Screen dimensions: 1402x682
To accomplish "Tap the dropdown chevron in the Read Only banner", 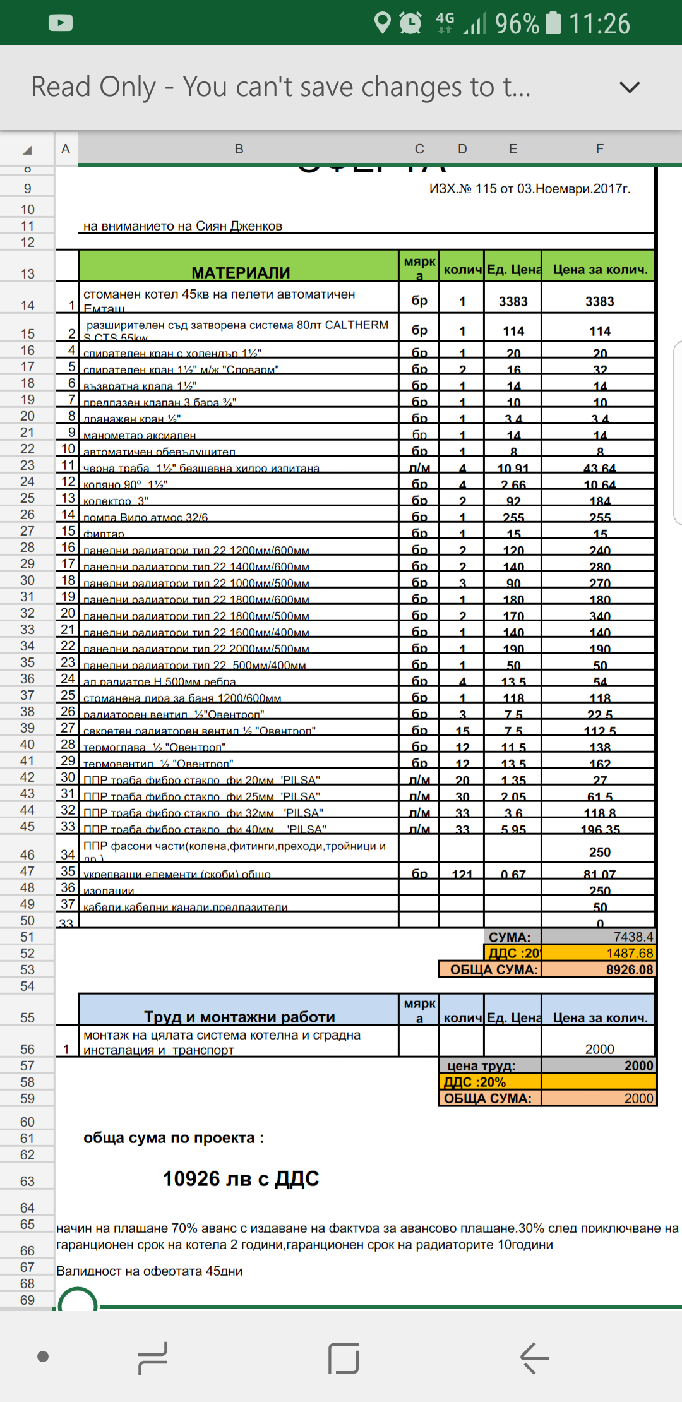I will click(630, 87).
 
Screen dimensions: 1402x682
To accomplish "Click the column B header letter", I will click(239, 149).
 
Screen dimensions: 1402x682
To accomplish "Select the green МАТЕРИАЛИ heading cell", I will click(241, 272).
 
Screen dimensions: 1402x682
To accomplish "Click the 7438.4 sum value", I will click(633, 937).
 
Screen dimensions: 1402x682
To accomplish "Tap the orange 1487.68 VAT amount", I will click(629, 953).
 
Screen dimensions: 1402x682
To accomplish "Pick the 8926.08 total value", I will click(629, 969).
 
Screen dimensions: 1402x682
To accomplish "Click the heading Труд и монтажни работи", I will click(239, 1016).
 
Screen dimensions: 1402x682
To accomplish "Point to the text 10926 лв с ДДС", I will click(241, 1178).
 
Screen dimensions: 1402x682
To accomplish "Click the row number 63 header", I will click(27, 1181).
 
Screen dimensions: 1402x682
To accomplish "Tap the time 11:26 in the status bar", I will click(599, 24).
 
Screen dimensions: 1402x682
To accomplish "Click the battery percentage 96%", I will click(517, 24).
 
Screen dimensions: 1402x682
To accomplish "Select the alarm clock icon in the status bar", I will click(410, 23).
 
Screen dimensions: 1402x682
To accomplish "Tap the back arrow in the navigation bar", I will click(534, 1358).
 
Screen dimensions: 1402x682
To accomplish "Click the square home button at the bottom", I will click(344, 1358).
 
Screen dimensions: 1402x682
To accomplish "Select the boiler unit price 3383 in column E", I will click(513, 301).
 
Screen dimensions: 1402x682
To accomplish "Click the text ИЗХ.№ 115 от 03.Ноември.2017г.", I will click(529, 189).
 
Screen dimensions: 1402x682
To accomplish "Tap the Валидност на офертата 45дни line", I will click(150, 1271).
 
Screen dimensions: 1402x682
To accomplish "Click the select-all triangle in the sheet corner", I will click(27, 150).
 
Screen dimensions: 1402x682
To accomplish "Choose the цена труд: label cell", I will click(481, 1065).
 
